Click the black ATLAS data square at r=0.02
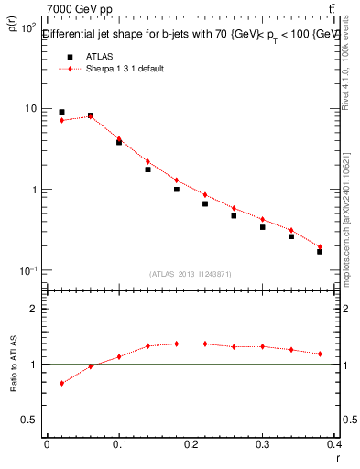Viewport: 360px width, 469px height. click(61, 112)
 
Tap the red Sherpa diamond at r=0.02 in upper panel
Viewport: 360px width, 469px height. click(61, 120)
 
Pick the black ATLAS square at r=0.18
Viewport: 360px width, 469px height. click(177, 190)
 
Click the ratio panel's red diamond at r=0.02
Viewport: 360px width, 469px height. click(61, 383)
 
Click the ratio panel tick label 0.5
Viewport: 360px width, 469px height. click(29, 420)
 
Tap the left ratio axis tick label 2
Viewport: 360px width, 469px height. click(33, 310)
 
